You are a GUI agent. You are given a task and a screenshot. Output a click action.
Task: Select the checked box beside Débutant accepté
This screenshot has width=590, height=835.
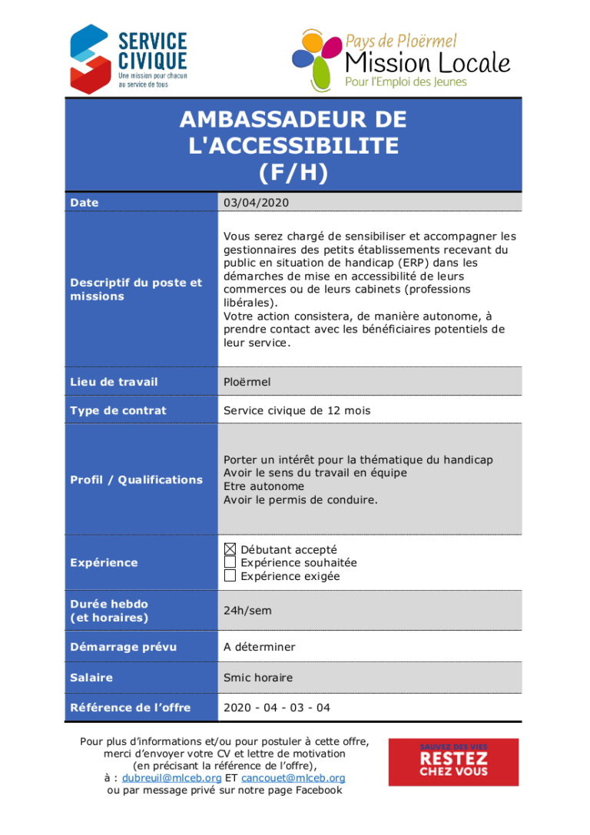[230, 549]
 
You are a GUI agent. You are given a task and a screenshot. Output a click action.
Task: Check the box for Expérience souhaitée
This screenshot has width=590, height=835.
[230, 562]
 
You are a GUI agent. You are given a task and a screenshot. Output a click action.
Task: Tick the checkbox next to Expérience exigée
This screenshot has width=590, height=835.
[230, 576]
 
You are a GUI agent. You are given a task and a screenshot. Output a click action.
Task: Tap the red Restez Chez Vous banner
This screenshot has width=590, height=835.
[453, 761]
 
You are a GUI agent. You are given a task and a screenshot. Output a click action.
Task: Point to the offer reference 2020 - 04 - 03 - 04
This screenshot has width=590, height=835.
[277, 707]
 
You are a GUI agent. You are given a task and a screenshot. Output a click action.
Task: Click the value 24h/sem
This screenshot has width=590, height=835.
[247, 611]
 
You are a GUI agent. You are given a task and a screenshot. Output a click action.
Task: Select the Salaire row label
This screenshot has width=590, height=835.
[91, 678]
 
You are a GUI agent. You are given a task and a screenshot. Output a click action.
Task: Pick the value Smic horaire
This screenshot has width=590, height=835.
[258, 678]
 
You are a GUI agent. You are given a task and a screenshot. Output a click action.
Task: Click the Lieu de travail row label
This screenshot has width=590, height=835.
[114, 382]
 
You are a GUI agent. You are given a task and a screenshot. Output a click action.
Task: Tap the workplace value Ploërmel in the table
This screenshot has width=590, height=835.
[247, 382]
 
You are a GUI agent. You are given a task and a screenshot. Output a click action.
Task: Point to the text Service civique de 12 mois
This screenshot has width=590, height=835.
[297, 410]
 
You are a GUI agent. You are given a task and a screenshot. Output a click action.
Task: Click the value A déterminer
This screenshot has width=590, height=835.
[259, 647]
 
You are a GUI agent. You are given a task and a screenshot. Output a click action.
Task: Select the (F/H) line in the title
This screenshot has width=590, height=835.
[293, 173]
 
